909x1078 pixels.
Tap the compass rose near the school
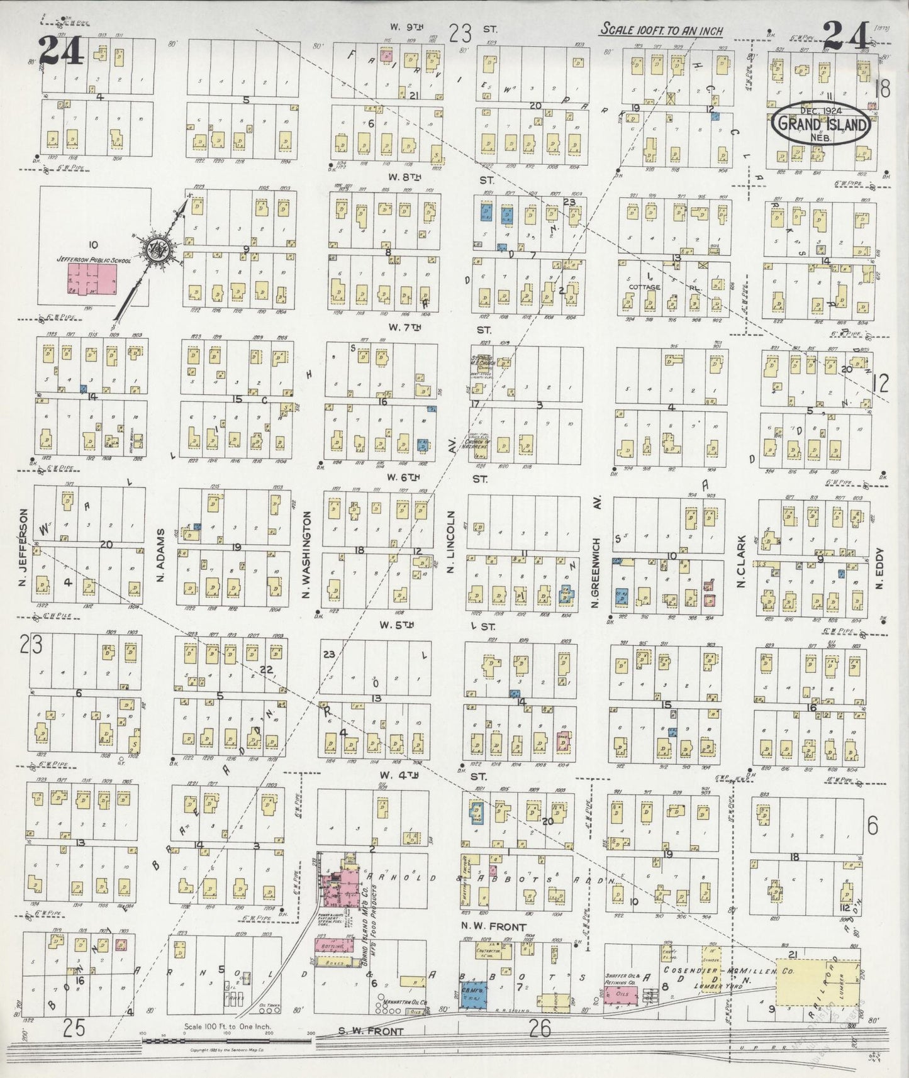pyautogui.click(x=153, y=250)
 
